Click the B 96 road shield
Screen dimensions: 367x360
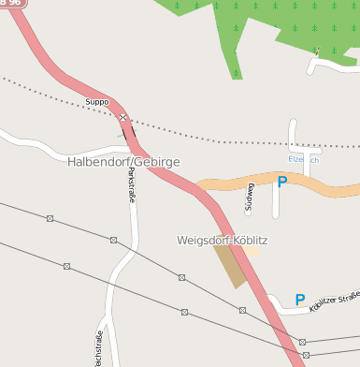click(x=12, y=3)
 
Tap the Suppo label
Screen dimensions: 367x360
click(x=97, y=101)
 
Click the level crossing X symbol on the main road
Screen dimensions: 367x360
click(x=122, y=117)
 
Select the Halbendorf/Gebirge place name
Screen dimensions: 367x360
click(x=123, y=162)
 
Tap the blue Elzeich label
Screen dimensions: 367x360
click(x=305, y=160)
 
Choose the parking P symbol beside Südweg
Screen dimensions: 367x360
click(x=281, y=181)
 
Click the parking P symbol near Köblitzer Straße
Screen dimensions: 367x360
click(x=300, y=300)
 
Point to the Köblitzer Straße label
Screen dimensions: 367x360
click(x=335, y=301)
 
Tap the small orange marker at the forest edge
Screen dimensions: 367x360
click(x=318, y=51)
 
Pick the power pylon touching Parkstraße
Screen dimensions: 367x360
click(x=113, y=240)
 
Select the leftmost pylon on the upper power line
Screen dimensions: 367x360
click(x=50, y=218)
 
